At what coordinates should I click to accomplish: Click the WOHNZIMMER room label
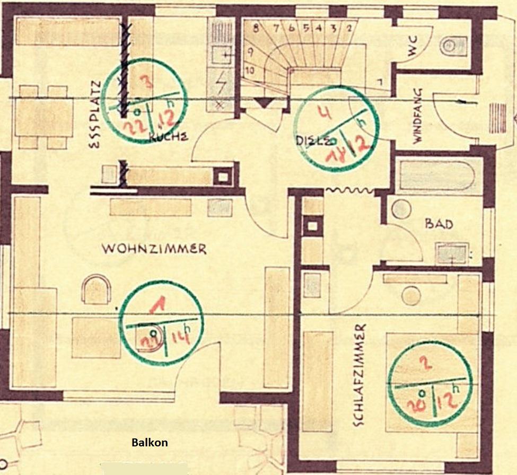(x=154, y=249)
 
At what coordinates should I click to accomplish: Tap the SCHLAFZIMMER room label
(x=359, y=375)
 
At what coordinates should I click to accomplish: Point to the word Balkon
(x=150, y=442)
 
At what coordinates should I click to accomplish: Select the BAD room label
(x=439, y=224)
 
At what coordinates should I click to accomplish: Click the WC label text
(x=413, y=46)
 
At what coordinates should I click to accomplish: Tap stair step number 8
(x=257, y=29)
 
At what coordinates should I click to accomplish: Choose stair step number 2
(x=348, y=29)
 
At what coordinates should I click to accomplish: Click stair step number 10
(x=250, y=69)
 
